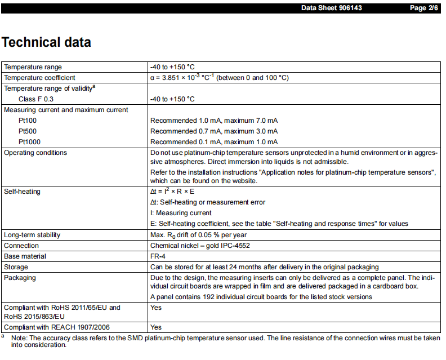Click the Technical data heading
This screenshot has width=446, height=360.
pos(46,42)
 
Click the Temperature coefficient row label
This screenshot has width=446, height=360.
pos(39,78)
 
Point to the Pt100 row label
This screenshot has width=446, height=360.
pos(28,121)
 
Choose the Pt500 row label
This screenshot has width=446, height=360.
pos(28,131)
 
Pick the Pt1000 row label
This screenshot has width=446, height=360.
pos(29,142)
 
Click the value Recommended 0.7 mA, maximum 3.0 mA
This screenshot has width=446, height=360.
pos(214,131)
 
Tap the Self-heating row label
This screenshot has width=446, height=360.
pos(22,192)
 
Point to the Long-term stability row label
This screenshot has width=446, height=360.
pos(32,235)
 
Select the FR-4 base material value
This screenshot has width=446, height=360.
pos(159,256)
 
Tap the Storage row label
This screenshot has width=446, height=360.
pos(16,267)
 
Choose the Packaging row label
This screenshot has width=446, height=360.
pos(20,278)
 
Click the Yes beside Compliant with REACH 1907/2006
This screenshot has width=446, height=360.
pos(156,327)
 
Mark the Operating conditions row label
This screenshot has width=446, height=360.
pos(35,153)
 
